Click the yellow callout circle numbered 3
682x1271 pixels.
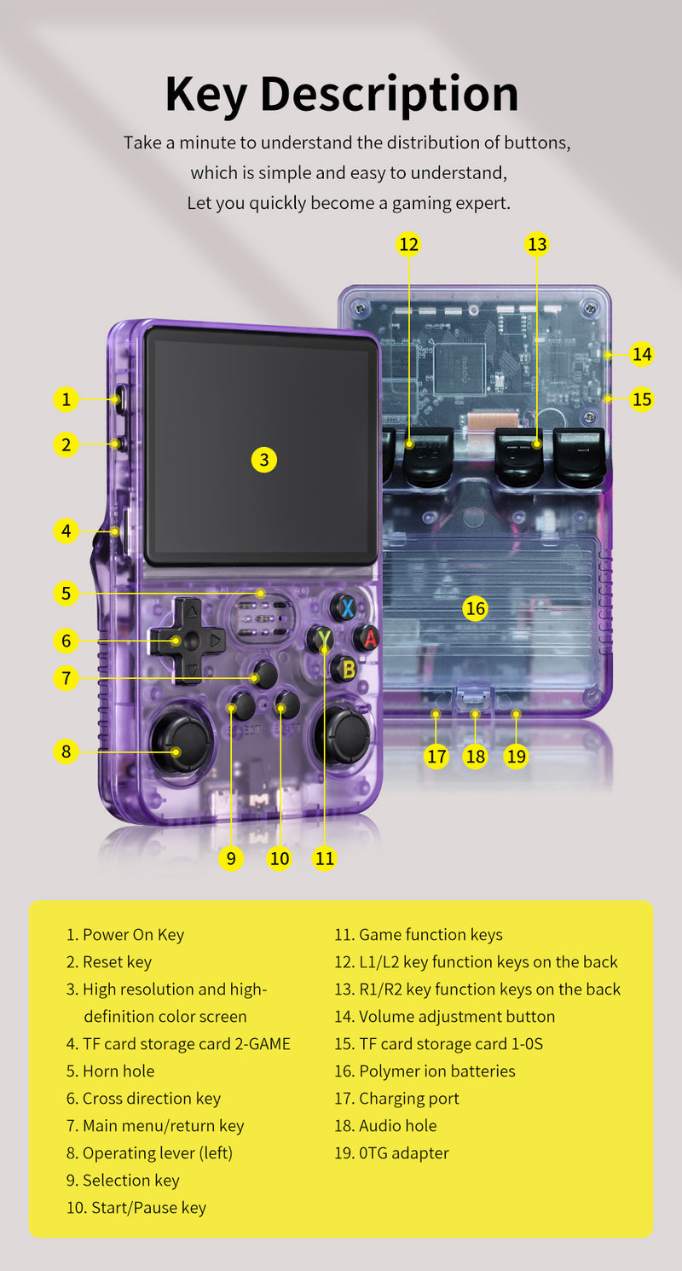pyautogui.click(x=264, y=460)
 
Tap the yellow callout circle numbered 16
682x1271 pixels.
pyautogui.click(x=475, y=608)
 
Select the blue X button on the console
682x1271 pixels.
pyautogui.click(x=344, y=607)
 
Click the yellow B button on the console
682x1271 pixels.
pyautogui.click(x=344, y=669)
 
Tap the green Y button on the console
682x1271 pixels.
pyautogui.click(x=321, y=638)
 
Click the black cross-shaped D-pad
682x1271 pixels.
pyautogui.click(x=188, y=640)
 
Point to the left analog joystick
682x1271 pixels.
pyautogui.click(x=182, y=740)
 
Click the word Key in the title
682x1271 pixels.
pyautogui.click(x=207, y=94)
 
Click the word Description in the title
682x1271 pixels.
pyautogui.click(x=389, y=94)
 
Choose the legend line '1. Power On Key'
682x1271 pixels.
pyautogui.click(x=124, y=935)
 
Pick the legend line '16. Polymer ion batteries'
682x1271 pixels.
pyautogui.click(x=425, y=1071)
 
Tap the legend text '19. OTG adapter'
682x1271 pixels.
pyautogui.click(x=391, y=1153)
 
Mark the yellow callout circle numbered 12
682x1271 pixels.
pyautogui.click(x=409, y=245)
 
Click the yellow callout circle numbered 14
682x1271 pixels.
pyautogui.click(x=642, y=354)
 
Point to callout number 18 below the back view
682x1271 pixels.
pyautogui.click(x=476, y=756)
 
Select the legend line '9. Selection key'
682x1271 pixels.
pyautogui.click(x=123, y=1181)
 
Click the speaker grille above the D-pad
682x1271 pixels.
pyautogui.click(x=263, y=616)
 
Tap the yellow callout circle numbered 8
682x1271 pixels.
pyautogui.click(x=66, y=752)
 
